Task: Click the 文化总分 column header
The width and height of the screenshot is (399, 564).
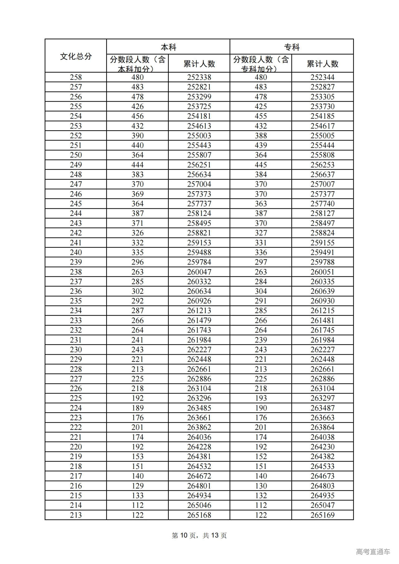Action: tap(76, 56)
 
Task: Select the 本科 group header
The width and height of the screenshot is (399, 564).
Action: tap(168, 47)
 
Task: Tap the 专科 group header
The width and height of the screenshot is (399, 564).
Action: tap(292, 47)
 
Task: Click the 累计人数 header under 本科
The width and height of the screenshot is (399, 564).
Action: tap(199, 64)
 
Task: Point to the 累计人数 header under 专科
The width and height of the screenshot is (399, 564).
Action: tap(322, 64)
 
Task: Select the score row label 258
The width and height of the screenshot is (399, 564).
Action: tap(76, 77)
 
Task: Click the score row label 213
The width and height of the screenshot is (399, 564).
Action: tap(76, 515)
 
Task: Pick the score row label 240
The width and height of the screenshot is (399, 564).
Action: tap(76, 252)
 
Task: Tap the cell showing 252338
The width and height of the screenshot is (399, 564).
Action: tap(199, 77)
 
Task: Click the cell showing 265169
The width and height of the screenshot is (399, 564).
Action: tap(322, 515)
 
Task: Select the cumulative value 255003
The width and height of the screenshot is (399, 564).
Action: tap(199, 136)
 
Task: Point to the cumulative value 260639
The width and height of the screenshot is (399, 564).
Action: tap(322, 291)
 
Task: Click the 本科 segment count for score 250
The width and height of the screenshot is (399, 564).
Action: tap(137, 155)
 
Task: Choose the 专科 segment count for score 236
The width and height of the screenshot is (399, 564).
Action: tap(261, 291)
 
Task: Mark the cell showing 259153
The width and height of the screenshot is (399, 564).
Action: tap(199, 243)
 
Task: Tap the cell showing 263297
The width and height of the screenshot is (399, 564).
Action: tap(322, 398)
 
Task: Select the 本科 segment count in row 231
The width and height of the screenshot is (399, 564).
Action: tap(137, 340)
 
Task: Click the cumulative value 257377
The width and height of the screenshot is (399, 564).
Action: tap(322, 194)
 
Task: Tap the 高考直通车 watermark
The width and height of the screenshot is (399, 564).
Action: tap(373, 552)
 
